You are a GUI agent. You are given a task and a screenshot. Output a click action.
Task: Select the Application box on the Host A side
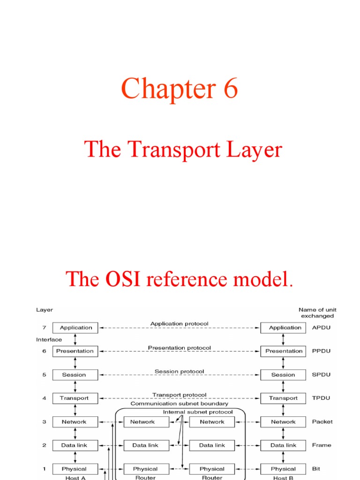pos(75,328)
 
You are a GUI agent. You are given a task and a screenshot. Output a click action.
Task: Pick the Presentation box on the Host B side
pos(284,351)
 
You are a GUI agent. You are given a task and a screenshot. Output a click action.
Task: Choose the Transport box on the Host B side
pos(283,398)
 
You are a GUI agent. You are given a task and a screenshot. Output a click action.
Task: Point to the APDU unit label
pos(321,328)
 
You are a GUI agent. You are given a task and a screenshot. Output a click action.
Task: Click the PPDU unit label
pos(321,351)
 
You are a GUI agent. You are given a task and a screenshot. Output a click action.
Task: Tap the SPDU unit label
pos(321,375)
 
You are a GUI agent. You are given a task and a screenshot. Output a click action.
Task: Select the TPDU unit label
pos(321,398)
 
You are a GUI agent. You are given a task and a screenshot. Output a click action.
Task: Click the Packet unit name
pos(322,421)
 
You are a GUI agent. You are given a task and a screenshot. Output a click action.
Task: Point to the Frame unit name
pos(322,445)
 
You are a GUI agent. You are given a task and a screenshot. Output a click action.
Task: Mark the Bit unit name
pos(317,468)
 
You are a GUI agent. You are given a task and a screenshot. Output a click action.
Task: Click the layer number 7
pos(44,328)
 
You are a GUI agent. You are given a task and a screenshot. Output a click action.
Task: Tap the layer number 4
pos(44,398)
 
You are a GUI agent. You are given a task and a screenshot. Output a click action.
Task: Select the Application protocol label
pos(179,323)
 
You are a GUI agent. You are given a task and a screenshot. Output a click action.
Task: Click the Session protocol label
pos(179,371)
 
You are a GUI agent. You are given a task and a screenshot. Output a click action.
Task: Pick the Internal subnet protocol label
pos(197,412)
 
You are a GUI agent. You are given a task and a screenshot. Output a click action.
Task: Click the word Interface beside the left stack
pos(49,339)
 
